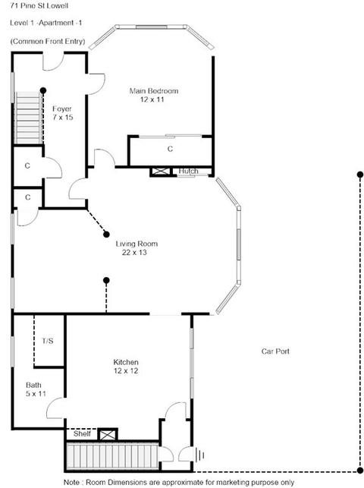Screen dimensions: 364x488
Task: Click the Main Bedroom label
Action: tap(154, 91)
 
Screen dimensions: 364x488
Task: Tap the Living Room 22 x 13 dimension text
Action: tap(134, 253)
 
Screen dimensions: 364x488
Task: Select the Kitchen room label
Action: tap(126, 362)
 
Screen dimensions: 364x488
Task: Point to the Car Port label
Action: tap(275, 351)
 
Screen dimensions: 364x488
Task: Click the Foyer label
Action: tap(62, 109)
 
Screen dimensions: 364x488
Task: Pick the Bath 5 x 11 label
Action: tap(36, 389)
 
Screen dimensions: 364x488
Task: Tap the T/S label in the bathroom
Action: tap(48, 341)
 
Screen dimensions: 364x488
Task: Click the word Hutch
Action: tap(188, 172)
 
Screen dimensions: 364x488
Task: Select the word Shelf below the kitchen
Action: tap(82, 433)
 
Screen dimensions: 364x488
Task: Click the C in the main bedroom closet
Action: tap(170, 149)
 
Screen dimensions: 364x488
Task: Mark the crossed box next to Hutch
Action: tap(161, 172)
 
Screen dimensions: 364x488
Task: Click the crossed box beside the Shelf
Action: tap(108, 434)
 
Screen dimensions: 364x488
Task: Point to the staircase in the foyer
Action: tap(28, 118)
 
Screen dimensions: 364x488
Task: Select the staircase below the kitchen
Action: tap(112, 456)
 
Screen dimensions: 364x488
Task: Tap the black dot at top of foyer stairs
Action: tap(43, 90)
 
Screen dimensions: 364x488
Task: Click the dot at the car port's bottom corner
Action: tap(360, 471)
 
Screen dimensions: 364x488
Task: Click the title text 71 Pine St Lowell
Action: tap(39, 5)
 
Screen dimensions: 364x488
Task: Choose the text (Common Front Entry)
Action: tap(48, 42)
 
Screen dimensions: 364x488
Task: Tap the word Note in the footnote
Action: tap(71, 483)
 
